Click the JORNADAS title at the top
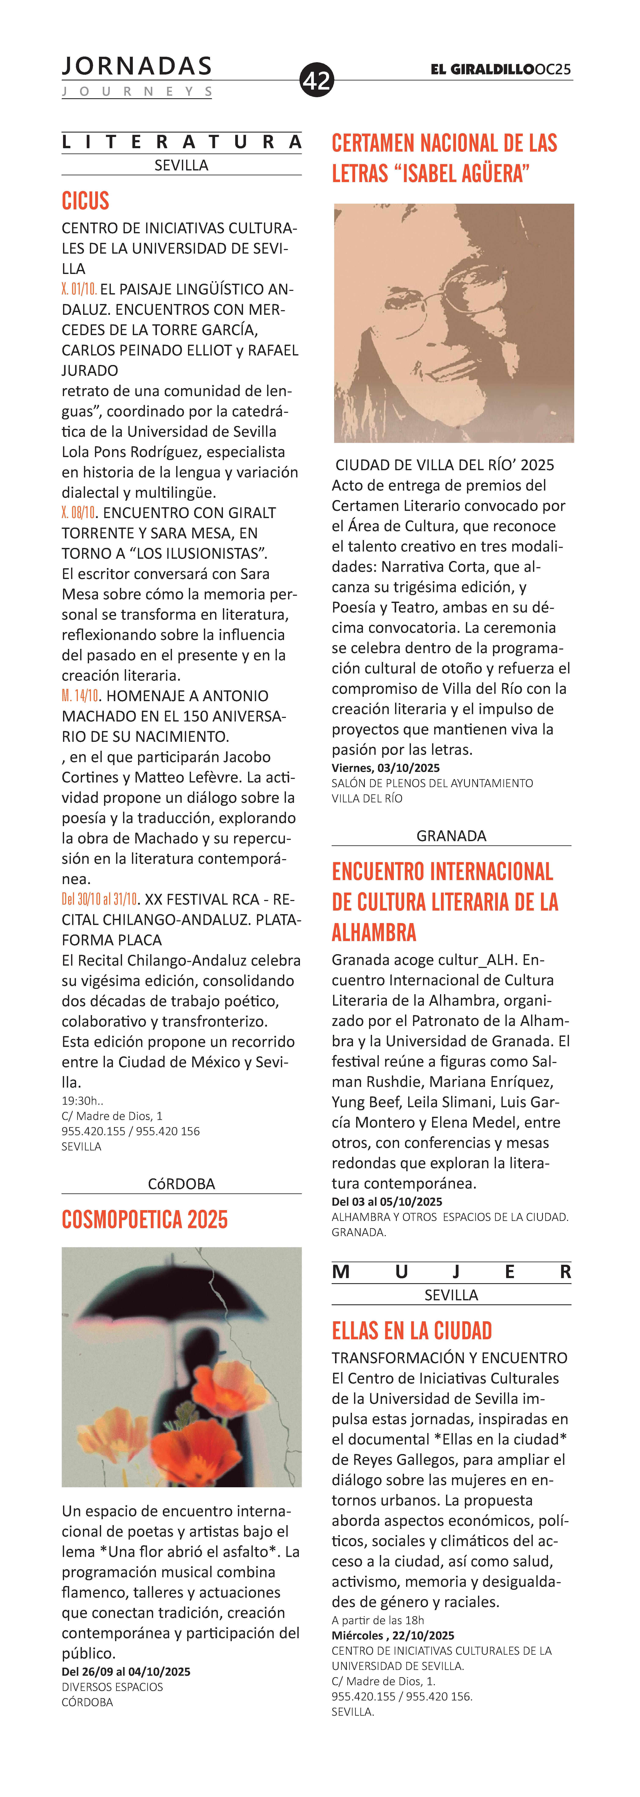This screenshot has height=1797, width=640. tap(137, 66)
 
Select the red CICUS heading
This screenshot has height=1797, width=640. tap(86, 201)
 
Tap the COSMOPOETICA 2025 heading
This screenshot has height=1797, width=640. tap(145, 1219)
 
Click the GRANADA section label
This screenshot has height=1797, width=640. tap(451, 836)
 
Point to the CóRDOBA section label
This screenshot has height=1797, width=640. tap(181, 1184)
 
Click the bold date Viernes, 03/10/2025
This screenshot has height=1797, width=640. tap(386, 768)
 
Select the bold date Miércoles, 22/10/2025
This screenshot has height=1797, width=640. tap(393, 1635)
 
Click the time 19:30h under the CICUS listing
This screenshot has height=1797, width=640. tap(82, 1101)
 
